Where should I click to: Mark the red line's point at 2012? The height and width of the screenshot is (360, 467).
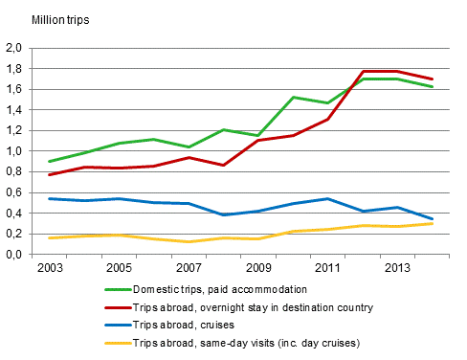[x=361, y=71]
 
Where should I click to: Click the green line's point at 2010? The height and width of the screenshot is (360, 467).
[x=293, y=97]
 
